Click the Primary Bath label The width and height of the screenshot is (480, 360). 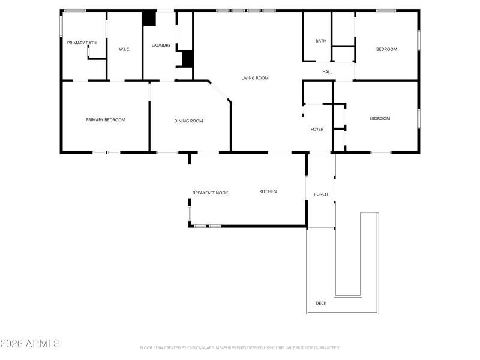coord(82,43)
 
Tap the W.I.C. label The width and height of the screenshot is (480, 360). coord(124,49)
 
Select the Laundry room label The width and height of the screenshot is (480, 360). coord(161,45)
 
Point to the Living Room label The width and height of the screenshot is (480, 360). coord(254,78)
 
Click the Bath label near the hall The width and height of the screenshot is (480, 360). coord(321,41)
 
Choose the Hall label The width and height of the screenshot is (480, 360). coord(327,72)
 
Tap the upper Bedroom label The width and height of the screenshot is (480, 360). coord(386,49)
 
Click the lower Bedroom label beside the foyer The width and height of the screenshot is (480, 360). coord(379,118)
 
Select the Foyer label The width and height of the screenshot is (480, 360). coord(317,130)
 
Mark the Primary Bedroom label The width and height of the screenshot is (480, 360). coord(106,120)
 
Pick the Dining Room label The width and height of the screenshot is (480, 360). coord(188,121)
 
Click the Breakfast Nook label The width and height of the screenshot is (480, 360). coord(210,193)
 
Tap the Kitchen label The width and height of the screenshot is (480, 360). coord(268,191)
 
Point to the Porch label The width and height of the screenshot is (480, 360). coord(321,194)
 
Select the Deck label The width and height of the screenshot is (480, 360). coord(321,303)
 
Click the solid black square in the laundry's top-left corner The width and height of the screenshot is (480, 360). coord(148,18)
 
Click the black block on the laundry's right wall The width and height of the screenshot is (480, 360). coord(187,59)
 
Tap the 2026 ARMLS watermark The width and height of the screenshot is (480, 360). coord(30,344)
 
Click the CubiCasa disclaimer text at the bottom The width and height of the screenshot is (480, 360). coord(240,347)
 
